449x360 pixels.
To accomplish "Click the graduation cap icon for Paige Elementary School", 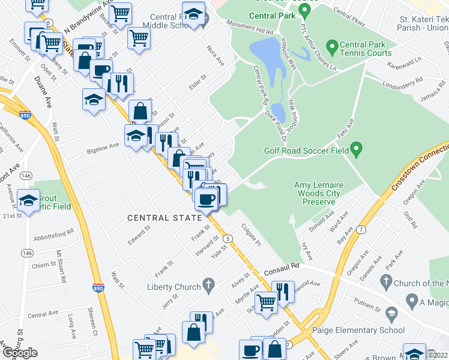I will click(x=392, y=314).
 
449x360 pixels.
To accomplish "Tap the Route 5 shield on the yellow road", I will click(x=228, y=239).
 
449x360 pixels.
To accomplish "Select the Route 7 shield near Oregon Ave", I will click(x=361, y=230).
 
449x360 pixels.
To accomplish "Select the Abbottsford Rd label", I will click(x=53, y=233).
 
